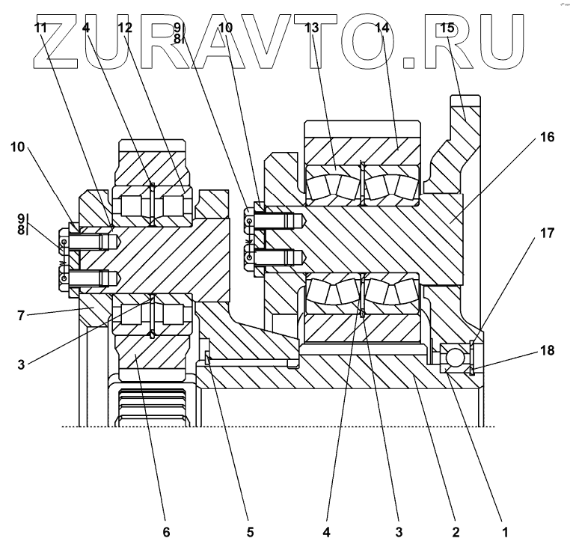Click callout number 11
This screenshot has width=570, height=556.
click(40, 28)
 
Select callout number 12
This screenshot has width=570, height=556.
click(124, 28)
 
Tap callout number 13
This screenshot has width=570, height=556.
click(312, 28)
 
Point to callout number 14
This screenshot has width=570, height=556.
click(382, 28)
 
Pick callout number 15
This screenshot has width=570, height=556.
click(447, 28)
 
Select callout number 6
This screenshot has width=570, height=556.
click(166, 532)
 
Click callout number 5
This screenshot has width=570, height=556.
click(250, 532)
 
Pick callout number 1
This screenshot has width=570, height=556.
click(504, 532)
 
